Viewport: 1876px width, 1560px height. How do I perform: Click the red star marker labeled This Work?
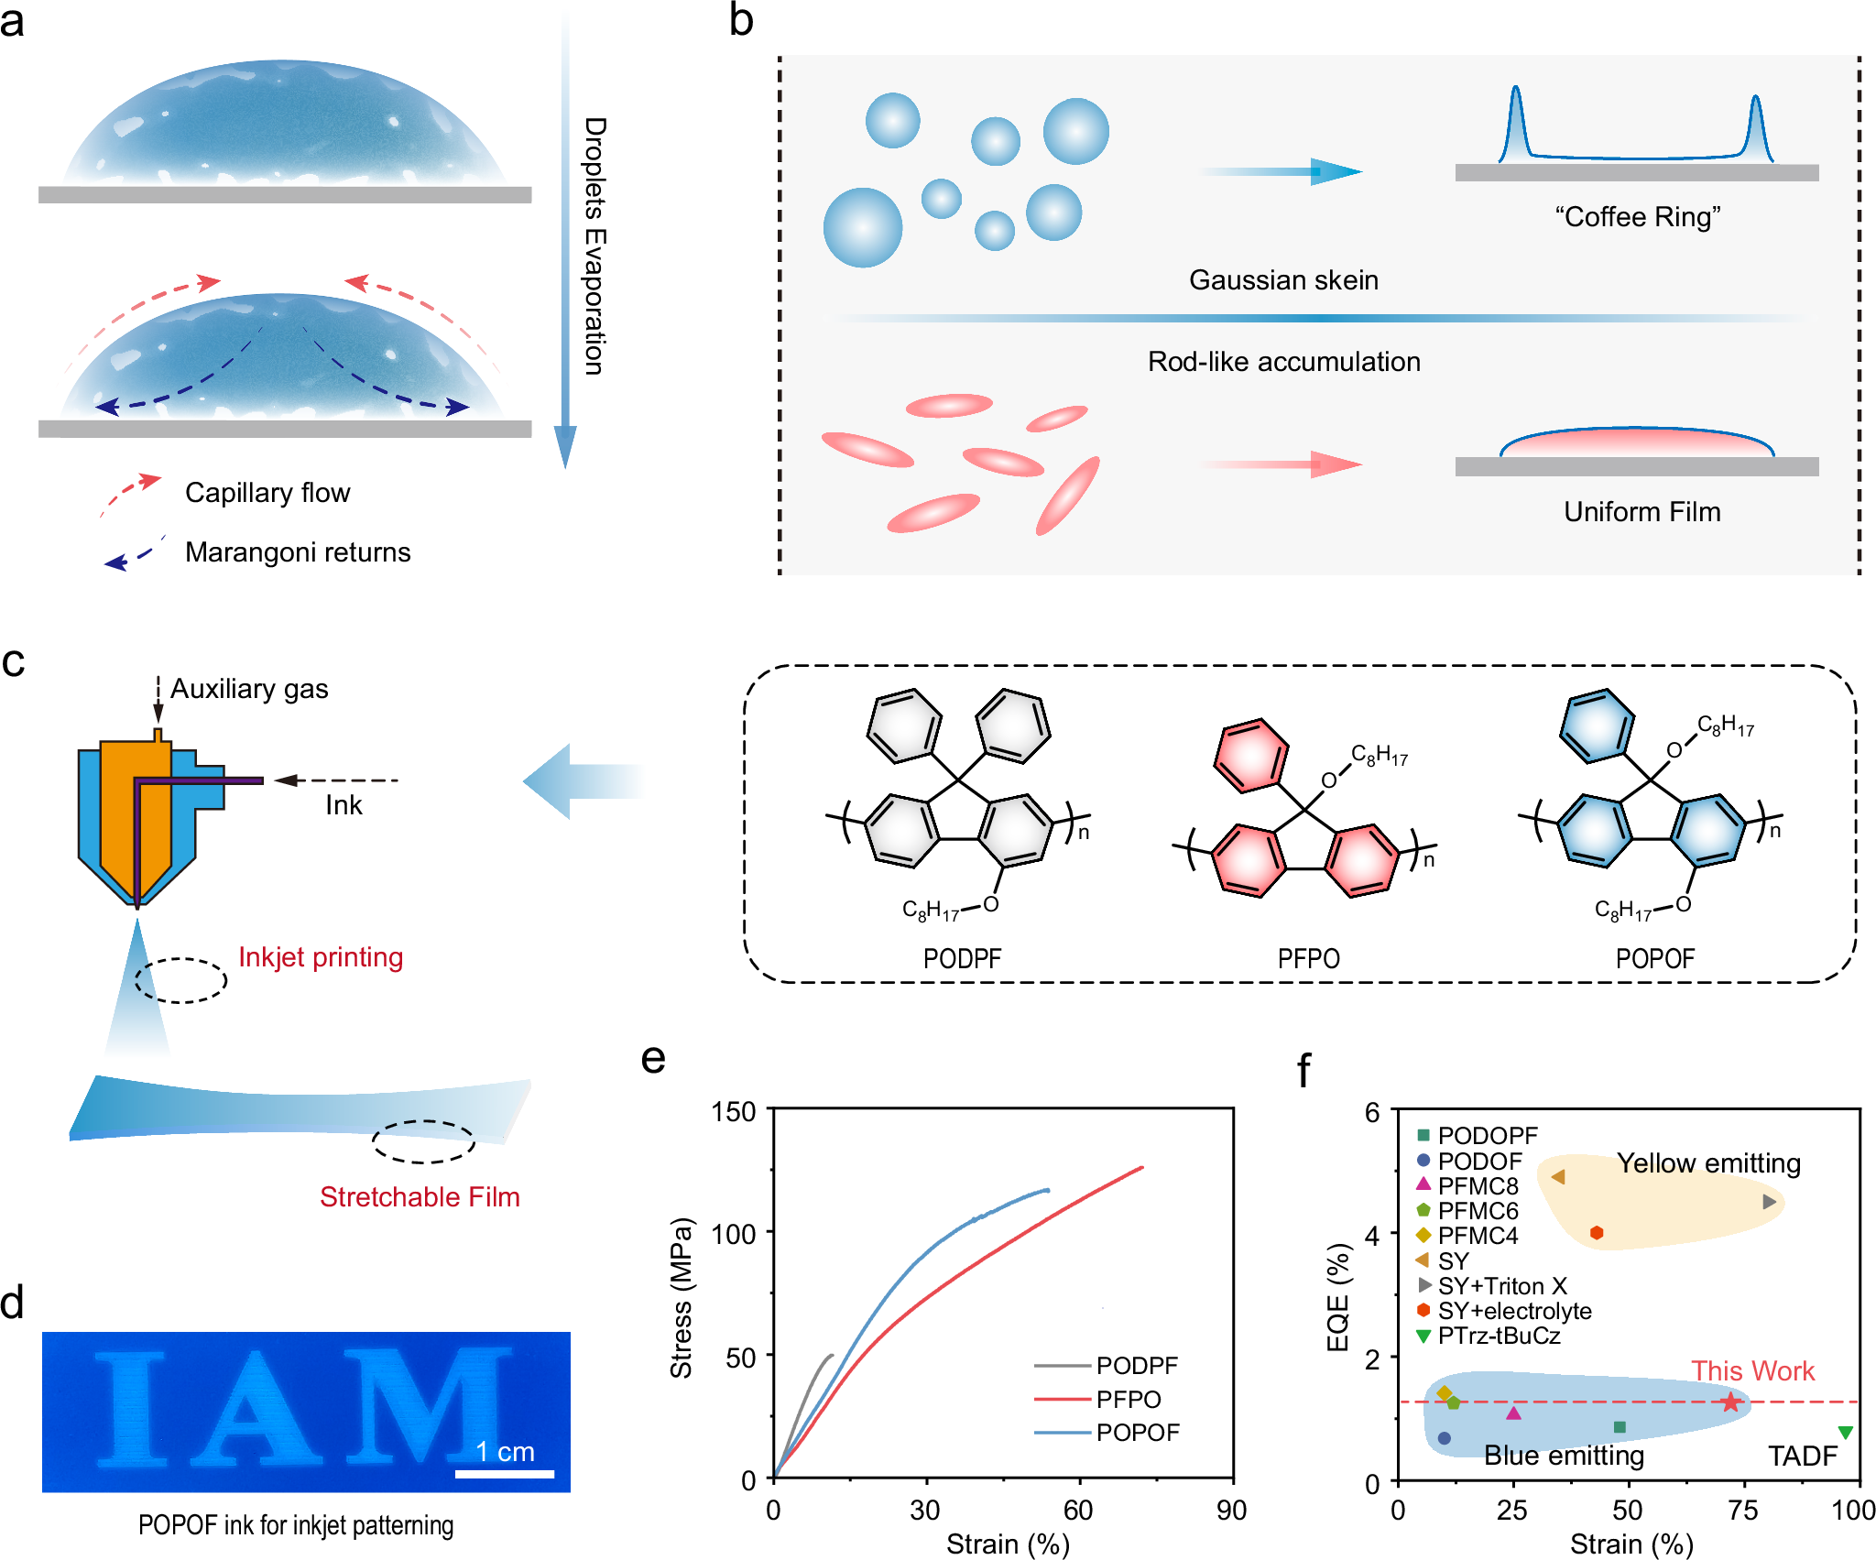point(1729,1402)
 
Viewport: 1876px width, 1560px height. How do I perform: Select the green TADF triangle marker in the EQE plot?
point(1846,1432)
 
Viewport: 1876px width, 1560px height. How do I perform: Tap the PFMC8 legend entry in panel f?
point(1477,1185)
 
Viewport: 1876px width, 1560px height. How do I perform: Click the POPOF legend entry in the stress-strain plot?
point(1137,1432)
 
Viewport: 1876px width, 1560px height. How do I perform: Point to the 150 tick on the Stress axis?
point(734,1112)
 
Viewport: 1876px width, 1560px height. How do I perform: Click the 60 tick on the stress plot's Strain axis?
point(1078,1510)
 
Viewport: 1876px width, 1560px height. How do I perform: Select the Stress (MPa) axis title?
point(681,1297)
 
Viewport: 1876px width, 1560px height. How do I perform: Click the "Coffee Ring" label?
point(1637,217)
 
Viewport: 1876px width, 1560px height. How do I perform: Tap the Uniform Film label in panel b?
point(1641,511)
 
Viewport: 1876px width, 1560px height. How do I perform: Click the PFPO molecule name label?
point(1308,958)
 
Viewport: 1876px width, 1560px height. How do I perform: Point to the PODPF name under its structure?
point(962,958)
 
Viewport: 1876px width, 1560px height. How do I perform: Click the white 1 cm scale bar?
point(505,1474)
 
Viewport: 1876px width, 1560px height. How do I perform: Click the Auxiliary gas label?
point(249,688)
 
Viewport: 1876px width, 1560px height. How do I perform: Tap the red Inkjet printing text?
point(321,956)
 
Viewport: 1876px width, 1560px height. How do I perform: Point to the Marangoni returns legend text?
point(298,551)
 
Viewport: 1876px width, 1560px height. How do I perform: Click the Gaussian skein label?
point(1283,279)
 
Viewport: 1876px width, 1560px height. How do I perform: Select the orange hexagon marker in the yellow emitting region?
point(1597,1233)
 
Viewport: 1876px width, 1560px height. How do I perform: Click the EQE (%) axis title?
point(1338,1297)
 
